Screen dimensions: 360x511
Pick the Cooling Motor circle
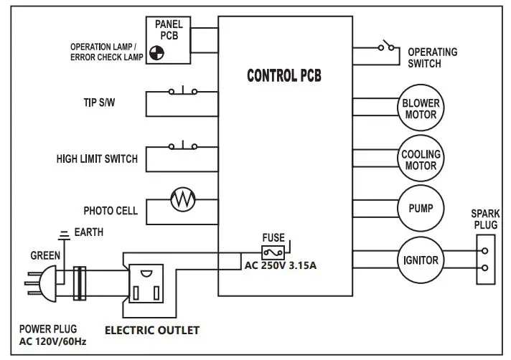[421, 159]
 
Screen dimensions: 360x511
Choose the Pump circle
[421, 208]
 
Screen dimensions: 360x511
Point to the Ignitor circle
[421, 260]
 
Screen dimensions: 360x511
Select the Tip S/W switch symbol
[182, 91]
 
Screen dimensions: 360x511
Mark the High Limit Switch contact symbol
[182, 146]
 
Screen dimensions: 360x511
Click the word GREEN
[45, 255]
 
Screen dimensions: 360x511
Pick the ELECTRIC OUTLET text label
[152, 331]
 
